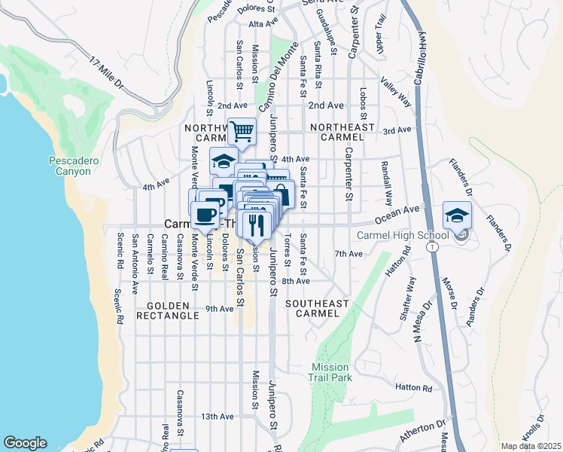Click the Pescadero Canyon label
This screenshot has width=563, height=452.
(70, 166)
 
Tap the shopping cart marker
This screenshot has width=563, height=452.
(242, 132)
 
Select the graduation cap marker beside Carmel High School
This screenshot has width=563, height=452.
(457, 215)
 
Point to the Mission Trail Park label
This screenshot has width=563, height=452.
(330, 372)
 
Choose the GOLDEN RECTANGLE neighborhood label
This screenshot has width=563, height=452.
(168, 312)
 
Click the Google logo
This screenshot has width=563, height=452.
(25, 443)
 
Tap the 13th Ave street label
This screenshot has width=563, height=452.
(218, 416)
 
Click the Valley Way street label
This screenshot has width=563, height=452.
(395, 91)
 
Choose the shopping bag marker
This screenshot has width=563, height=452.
(281, 193)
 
